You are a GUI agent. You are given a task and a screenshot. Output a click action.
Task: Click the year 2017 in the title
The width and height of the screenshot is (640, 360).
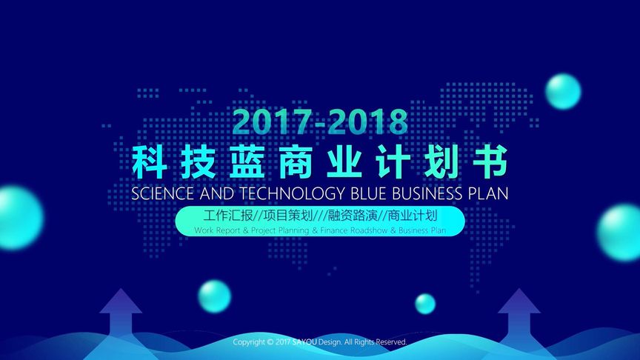click(x=273, y=122)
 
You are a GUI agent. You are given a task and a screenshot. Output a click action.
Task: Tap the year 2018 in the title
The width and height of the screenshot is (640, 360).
click(x=367, y=122)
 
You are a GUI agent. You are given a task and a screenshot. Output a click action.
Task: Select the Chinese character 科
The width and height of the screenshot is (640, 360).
click(x=150, y=162)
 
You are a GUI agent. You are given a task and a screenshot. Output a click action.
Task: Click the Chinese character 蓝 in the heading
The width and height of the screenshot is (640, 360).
click(x=247, y=162)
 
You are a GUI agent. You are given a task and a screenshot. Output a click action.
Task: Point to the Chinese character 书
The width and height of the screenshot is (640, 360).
click(x=490, y=162)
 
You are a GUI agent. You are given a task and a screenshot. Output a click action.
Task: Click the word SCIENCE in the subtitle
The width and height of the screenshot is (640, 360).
click(x=162, y=193)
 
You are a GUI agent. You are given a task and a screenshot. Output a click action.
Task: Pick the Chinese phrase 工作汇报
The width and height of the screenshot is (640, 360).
click(x=228, y=216)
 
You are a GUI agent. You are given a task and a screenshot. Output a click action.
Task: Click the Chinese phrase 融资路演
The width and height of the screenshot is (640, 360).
click(x=353, y=216)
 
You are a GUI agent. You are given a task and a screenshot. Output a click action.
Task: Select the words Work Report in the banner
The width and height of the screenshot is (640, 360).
click(x=217, y=230)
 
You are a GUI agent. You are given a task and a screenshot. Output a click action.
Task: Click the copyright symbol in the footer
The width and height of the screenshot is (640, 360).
click(x=270, y=342)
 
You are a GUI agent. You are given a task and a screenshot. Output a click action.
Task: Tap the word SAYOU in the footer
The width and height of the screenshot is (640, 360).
click(x=304, y=342)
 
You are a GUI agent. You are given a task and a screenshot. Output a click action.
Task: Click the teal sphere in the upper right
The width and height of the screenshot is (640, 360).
click(x=563, y=91)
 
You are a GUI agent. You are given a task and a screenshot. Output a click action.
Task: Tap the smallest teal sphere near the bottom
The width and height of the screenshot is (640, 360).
click(x=425, y=304)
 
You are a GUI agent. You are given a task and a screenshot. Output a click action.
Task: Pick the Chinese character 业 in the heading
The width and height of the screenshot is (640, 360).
click(x=344, y=162)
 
